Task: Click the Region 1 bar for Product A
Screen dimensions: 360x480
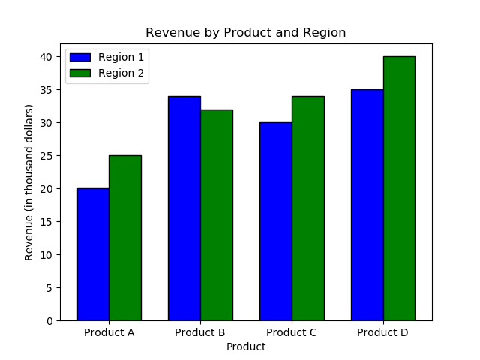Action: (93, 254)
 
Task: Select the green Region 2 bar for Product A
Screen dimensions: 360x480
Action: (125, 238)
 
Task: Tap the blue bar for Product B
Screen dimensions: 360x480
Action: (184, 208)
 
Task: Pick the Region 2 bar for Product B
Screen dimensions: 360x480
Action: (217, 215)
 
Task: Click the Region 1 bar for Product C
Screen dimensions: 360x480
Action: (276, 221)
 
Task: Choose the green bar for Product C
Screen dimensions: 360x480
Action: (308, 208)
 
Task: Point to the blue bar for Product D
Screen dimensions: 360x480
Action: (367, 205)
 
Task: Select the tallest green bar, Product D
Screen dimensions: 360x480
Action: (399, 188)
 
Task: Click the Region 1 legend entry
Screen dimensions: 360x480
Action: (107, 57)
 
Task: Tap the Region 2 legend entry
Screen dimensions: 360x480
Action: (107, 73)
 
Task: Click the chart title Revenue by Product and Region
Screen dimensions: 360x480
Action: (246, 33)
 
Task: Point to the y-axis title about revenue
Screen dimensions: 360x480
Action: (29, 182)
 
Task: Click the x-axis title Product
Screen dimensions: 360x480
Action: (246, 346)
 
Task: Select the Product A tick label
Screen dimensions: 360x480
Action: (109, 332)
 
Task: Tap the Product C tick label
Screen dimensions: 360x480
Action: (292, 332)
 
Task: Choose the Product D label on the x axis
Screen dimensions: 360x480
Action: (382, 332)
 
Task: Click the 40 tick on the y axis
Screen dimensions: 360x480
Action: (46, 57)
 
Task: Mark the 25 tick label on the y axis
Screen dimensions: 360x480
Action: (46, 156)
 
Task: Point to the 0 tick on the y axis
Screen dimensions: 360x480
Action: (49, 321)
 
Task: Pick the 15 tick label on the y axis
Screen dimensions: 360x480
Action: (46, 222)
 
